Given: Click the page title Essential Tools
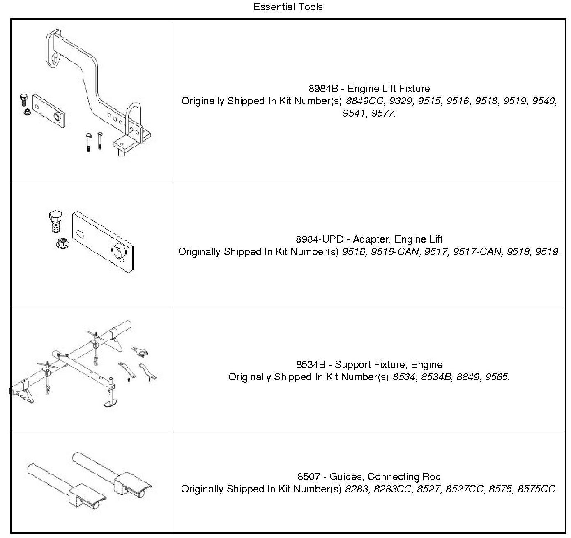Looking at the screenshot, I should [288, 7].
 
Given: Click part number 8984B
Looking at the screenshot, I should [323, 89].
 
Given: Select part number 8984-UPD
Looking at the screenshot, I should [319, 239].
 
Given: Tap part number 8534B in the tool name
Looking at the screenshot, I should [311, 365].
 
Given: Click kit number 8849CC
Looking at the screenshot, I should [364, 101].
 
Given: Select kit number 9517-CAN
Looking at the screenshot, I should [477, 252].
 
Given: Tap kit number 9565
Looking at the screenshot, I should [497, 377].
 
